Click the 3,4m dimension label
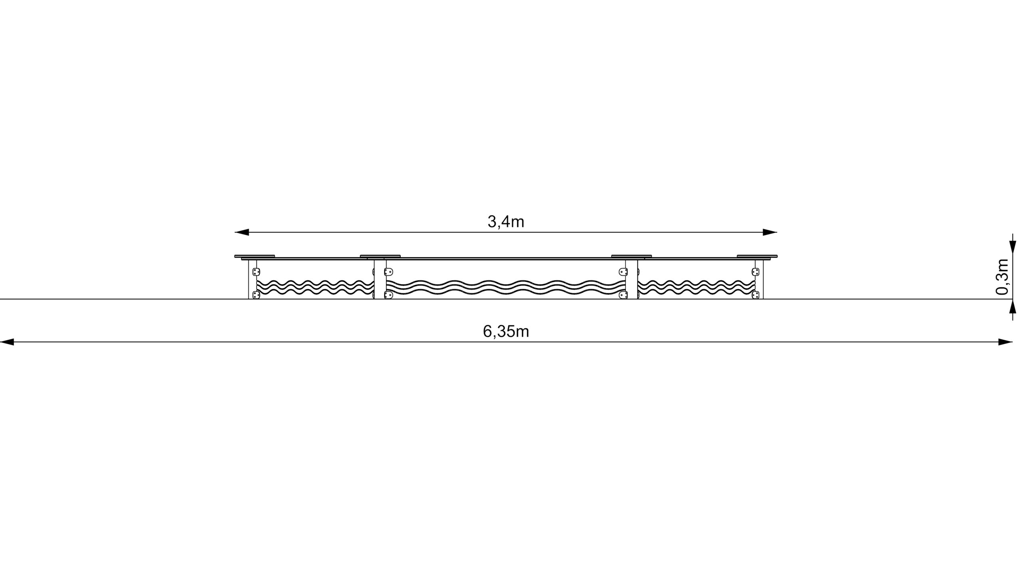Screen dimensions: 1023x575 point(506,222)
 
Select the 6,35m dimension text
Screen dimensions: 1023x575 point(506,331)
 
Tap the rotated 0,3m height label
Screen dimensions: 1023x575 point(1002,277)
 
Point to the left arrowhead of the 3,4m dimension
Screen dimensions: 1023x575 point(242,232)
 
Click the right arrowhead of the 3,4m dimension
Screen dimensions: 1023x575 point(770,232)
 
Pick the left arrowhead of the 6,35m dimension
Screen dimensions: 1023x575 point(7,342)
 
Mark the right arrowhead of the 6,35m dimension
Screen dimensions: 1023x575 point(1005,342)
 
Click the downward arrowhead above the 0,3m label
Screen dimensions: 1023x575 point(1013,246)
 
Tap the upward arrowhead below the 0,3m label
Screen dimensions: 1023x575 point(1013,306)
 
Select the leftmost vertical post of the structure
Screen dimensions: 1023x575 point(252,279)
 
